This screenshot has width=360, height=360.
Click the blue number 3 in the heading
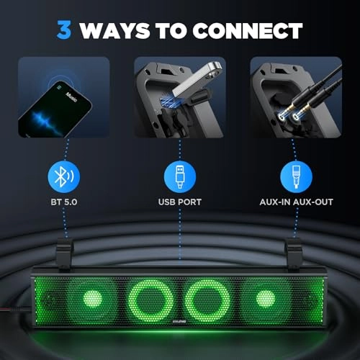click(x=66, y=30)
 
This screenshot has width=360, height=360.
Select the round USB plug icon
click(x=179, y=176)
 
